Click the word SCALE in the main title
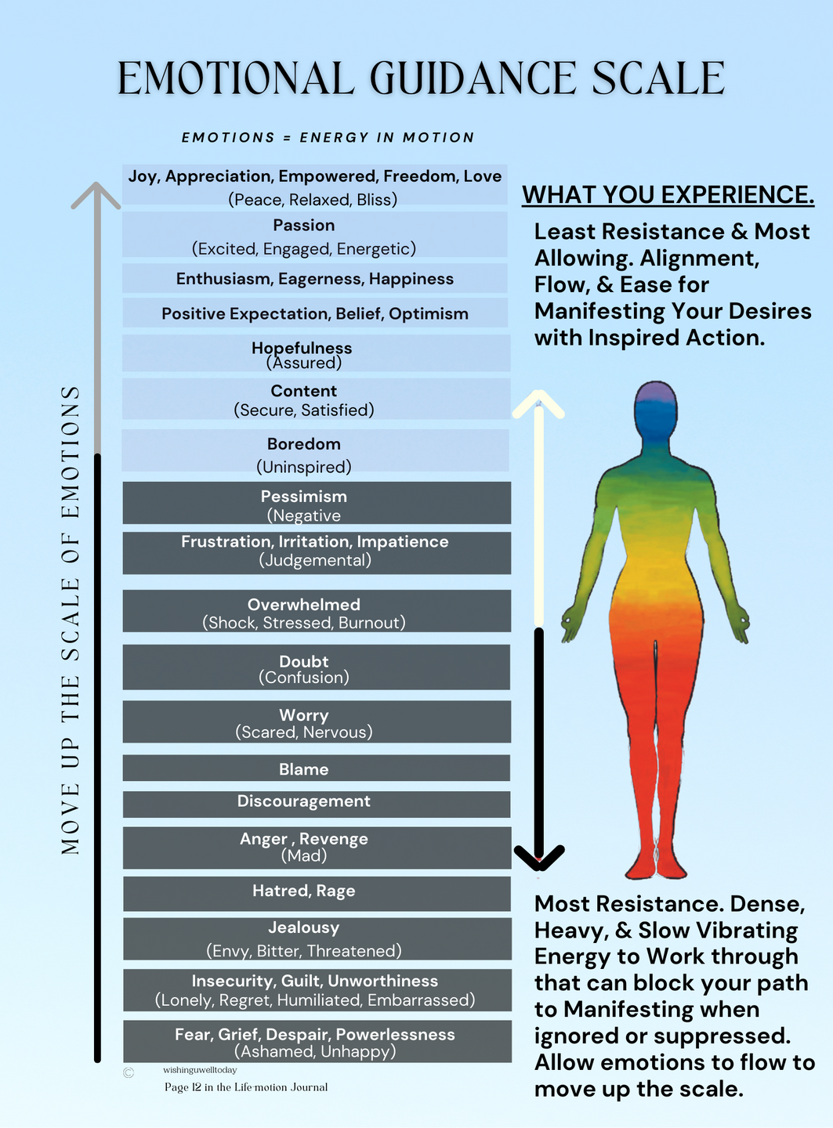click(658, 78)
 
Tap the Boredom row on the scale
click(315, 451)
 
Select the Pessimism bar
click(317, 503)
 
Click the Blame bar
click(317, 768)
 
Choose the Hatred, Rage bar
click(317, 893)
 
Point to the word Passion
click(304, 226)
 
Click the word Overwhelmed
click(304, 605)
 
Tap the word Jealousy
click(304, 927)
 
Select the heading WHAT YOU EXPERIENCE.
click(668, 194)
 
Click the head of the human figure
click(655, 411)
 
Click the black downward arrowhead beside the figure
click(539, 857)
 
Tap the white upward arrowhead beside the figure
click(539, 403)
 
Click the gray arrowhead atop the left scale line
click(96, 193)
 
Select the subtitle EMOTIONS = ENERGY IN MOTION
click(328, 138)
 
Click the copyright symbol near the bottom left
click(129, 1073)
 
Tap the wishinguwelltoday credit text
click(200, 1070)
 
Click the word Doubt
click(304, 662)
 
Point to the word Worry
click(304, 715)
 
